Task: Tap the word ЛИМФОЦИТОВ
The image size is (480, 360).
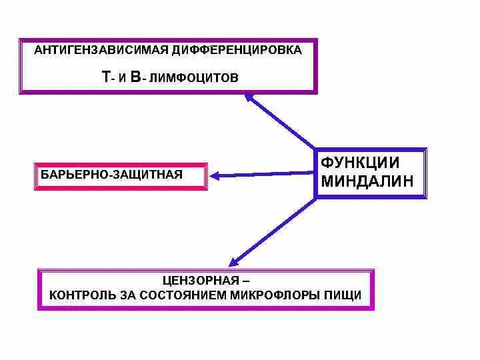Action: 193,78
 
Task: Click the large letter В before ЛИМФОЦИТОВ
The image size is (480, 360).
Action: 135,77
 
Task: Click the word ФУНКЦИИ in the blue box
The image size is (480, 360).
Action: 360,162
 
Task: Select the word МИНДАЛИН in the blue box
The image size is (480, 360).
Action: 367,181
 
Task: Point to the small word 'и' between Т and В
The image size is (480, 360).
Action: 123,79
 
